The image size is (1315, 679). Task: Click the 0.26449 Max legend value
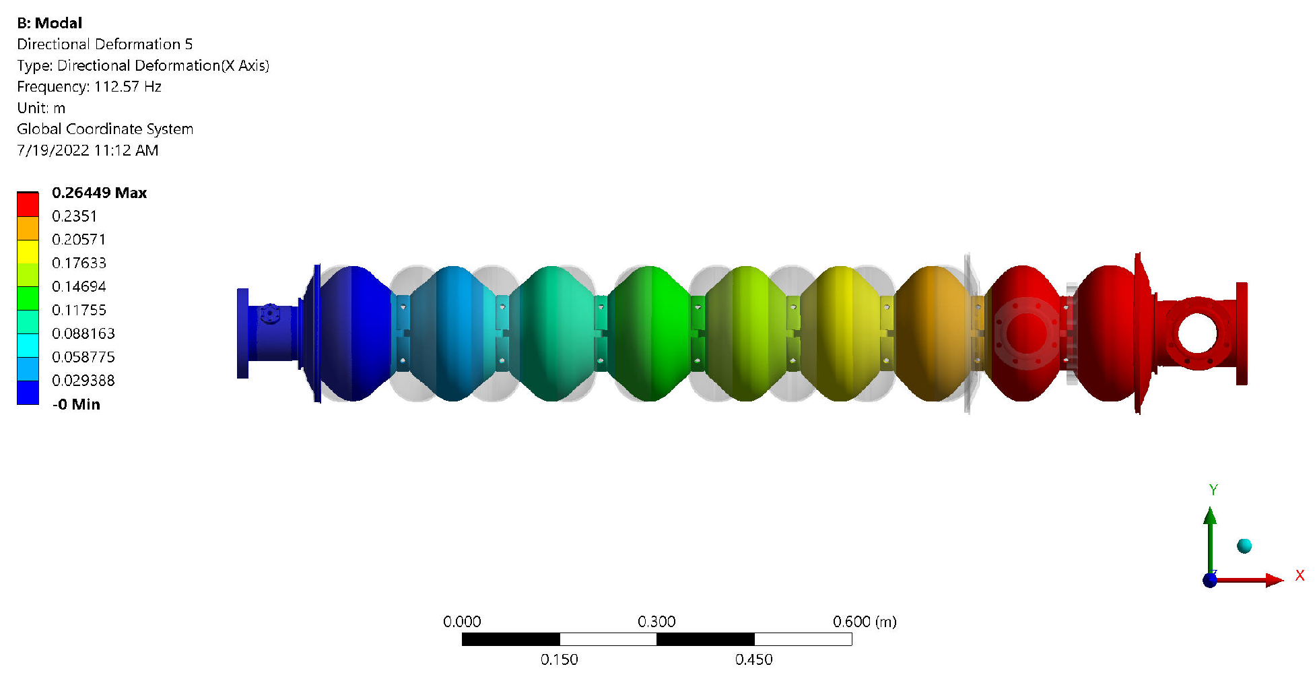click(99, 193)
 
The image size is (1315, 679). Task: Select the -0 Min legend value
click(76, 404)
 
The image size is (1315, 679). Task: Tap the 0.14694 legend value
click(79, 286)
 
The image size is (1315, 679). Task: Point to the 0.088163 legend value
click(83, 333)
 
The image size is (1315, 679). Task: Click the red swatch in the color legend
click(28, 204)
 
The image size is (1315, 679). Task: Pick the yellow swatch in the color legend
click(28, 251)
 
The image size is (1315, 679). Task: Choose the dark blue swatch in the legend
click(28, 392)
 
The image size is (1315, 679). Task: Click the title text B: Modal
click(49, 23)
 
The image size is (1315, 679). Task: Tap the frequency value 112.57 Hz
click(127, 86)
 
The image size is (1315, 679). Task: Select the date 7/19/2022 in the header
click(53, 150)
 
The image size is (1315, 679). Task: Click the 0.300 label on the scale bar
click(656, 621)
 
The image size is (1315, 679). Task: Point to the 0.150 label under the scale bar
click(559, 659)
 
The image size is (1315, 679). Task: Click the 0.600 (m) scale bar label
click(865, 621)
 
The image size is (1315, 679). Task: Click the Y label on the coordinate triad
click(1213, 490)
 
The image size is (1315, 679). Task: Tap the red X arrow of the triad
click(1273, 580)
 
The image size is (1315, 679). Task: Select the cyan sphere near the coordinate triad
click(1244, 546)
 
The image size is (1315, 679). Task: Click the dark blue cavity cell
click(353, 333)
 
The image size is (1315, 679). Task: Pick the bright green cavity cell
click(649, 333)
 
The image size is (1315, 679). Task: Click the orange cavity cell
click(933, 333)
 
